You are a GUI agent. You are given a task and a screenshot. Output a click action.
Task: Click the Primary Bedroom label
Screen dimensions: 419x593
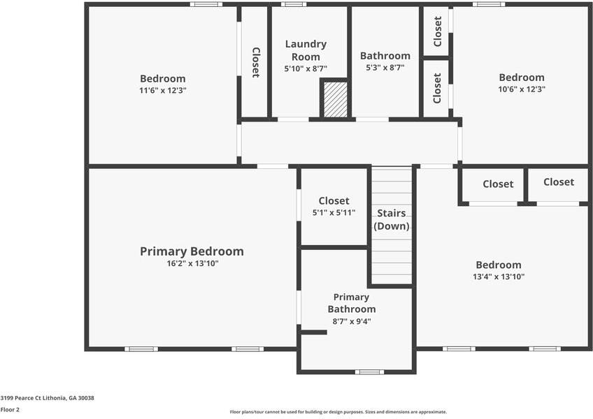[x=192, y=251]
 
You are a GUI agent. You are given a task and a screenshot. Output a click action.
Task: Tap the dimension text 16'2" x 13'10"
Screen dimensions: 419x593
[x=192, y=264]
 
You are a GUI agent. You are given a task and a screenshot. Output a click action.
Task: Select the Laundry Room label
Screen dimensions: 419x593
[x=306, y=50]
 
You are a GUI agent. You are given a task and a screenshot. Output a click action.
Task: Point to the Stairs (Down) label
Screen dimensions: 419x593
[x=391, y=219]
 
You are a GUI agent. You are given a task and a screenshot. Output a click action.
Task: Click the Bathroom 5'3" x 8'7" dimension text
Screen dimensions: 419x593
[x=385, y=68]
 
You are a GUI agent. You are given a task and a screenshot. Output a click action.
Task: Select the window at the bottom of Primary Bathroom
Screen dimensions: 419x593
[x=369, y=372]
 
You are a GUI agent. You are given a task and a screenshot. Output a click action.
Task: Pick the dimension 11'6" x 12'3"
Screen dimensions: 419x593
[x=162, y=90]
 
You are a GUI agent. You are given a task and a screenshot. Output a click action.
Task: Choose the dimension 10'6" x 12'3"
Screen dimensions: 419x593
[x=521, y=89]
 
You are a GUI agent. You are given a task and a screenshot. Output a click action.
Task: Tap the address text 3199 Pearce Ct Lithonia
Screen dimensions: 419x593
[x=47, y=398]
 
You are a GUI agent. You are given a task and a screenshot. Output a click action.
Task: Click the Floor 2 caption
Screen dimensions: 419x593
[x=10, y=410]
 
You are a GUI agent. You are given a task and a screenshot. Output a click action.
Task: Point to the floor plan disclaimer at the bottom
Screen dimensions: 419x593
[x=338, y=412]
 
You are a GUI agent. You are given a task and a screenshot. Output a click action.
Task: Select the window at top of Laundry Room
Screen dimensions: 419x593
[x=294, y=4]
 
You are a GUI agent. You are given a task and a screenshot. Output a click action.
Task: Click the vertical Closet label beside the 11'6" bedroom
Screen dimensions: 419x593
[x=256, y=62]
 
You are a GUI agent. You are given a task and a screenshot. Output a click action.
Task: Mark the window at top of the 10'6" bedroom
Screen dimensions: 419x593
[x=488, y=4]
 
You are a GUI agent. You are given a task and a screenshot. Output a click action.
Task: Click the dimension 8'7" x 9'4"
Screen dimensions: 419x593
[x=351, y=322]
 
